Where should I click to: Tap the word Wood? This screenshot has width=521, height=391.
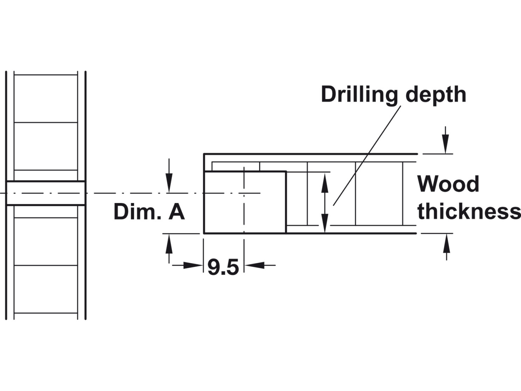[448, 184]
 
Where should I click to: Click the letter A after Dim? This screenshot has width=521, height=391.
[177, 212]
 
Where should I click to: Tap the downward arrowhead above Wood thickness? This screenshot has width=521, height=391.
[446, 145]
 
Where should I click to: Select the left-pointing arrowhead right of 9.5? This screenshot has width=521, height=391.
[255, 265]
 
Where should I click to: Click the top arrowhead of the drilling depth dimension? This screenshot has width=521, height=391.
[325, 182]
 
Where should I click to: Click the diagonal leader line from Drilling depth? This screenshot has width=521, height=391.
[368, 154]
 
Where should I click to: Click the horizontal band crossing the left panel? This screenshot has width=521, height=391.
[46, 193]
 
